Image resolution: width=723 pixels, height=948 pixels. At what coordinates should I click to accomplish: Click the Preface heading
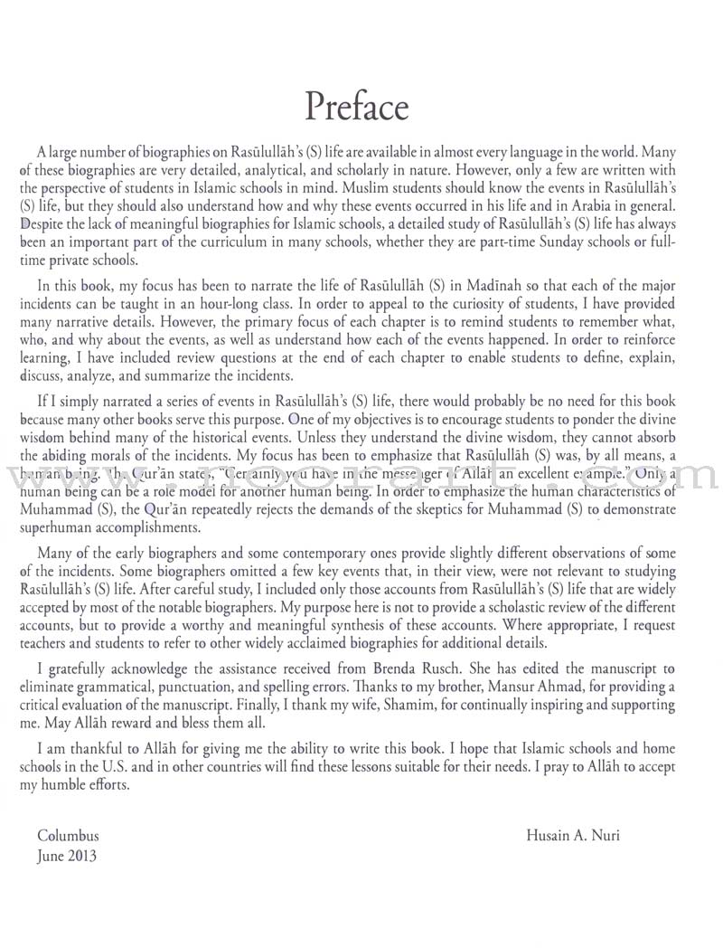pyautogui.click(x=357, y=107)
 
